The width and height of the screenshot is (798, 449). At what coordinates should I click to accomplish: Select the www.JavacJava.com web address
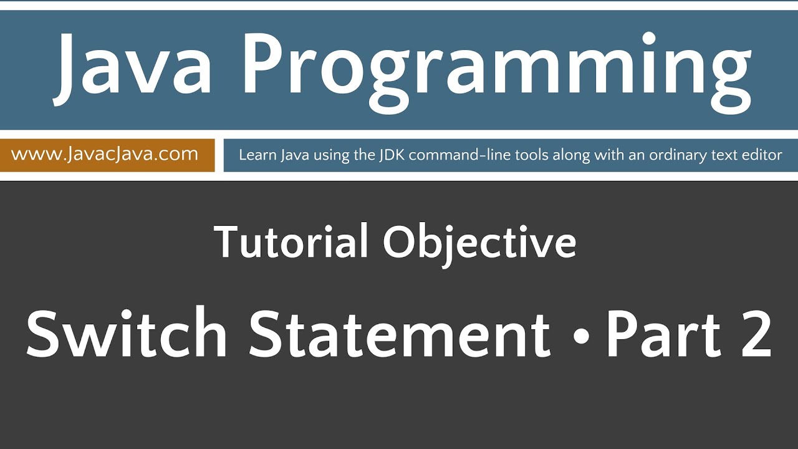tap(105, 154)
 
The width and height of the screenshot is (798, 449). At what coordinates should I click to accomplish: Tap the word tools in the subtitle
tap(529, 155)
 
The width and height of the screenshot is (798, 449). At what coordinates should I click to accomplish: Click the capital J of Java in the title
tap(70, 69)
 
